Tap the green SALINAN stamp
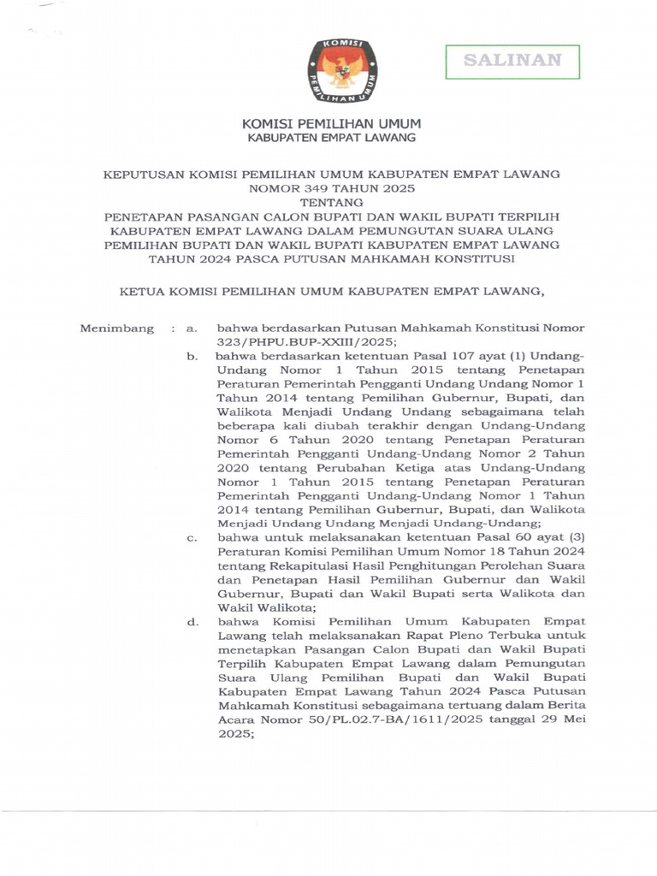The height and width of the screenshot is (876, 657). click(512, 61)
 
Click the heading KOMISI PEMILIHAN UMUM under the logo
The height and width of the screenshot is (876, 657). click(328, 124)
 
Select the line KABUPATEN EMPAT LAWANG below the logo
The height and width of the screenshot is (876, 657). click(331, 138)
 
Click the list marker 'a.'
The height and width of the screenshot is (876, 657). click(192, 328)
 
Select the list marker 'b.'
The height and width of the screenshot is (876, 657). click(192, 355)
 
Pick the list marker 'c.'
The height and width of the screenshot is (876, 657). click(192, 538)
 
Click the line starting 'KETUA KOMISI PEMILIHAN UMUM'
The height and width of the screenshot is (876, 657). click(330, 292)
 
